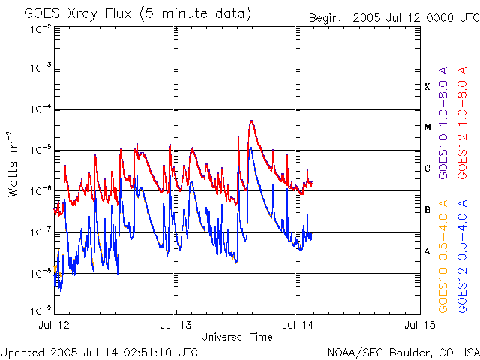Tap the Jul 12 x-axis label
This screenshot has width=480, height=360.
click(x=55, y=325)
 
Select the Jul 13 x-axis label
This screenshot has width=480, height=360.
click(x=176, y=325)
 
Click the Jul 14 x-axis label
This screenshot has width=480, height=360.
click(x=298, y=325)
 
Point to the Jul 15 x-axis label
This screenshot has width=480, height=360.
click(x=419, y=325)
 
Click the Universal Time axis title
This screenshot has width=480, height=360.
click(x=237, y=337)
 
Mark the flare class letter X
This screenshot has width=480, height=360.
click(x=427, y=87)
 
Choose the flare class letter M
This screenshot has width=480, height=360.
click(x=427, y=127)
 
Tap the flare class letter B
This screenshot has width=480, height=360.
click(x=427, y=209)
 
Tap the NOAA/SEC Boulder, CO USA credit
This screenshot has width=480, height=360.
click(x=403, y=351)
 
